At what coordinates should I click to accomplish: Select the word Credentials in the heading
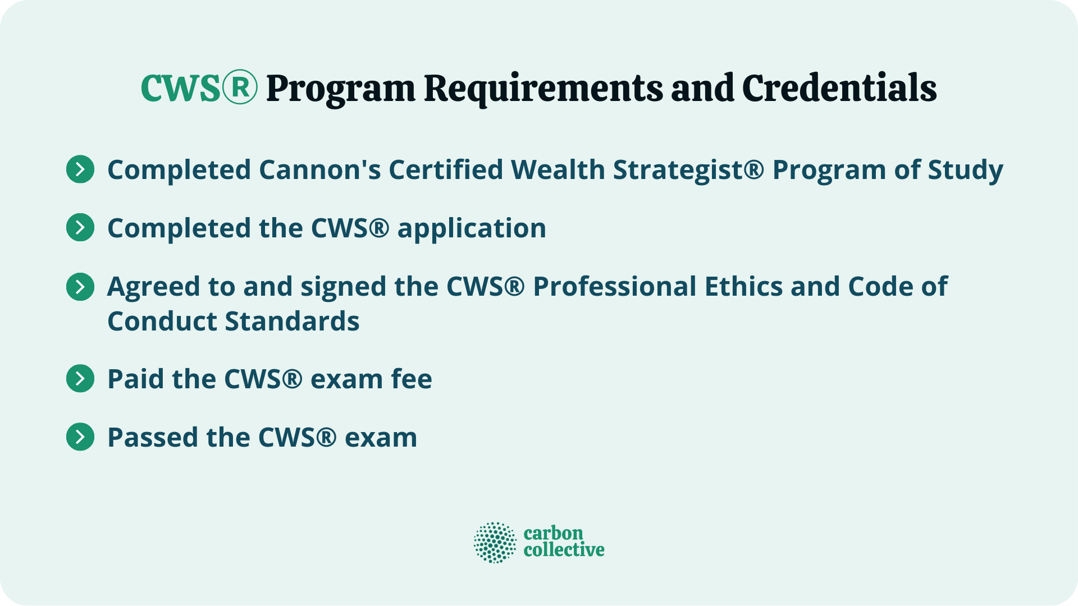(839, 89)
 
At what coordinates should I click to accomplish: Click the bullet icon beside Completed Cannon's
(80, 169)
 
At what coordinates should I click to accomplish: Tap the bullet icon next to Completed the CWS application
(80, 228)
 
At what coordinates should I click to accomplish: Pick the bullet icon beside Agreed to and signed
(80, 287)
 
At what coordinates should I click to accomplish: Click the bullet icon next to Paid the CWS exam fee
(80, 379)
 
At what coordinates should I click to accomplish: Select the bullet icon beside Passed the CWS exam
(80, 437)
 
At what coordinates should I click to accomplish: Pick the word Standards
(292, 322)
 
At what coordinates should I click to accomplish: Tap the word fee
(412, 379)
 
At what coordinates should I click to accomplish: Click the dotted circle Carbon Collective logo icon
(495, 543)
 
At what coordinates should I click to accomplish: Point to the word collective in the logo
(564, 550)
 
